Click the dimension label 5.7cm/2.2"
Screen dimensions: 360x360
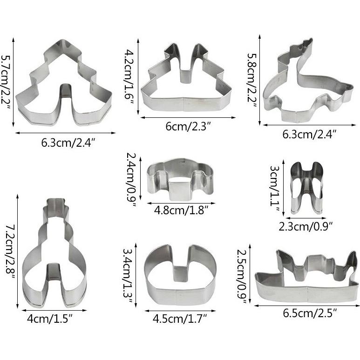point(6,82)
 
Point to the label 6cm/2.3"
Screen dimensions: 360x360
point(188,126)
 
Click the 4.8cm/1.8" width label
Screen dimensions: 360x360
point(181,210)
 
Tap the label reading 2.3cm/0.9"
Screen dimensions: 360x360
point(306,226)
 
